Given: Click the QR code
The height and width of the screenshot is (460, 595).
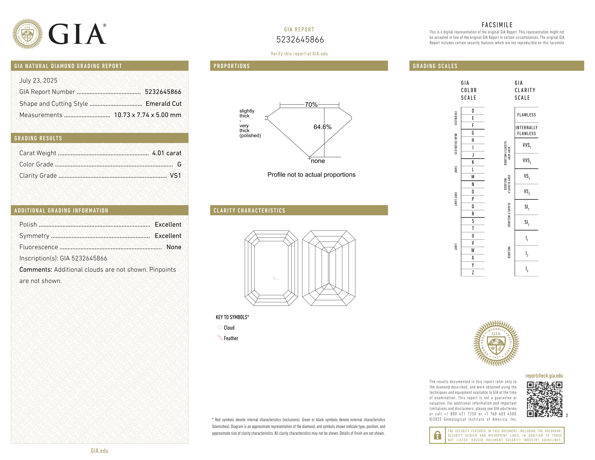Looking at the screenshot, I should click(544, 399).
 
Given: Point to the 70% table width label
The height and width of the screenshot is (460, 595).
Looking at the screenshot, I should click(311, 105).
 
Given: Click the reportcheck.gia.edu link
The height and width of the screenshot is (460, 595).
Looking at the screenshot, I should click(544, 376).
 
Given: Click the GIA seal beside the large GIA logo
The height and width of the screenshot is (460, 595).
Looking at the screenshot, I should click(27, 34).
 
